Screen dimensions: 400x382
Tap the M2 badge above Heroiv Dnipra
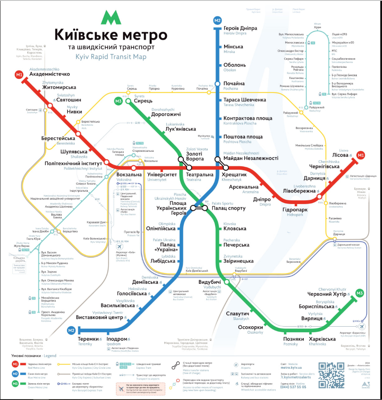[217, 21]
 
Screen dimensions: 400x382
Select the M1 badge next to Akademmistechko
[18, 75]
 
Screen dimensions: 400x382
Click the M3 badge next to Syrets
[118, 101]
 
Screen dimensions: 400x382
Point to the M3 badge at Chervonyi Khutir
[359, 293]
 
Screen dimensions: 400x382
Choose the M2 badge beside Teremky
[71, 330]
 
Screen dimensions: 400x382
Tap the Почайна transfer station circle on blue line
[217, 84]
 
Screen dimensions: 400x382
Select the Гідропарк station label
[295, 209]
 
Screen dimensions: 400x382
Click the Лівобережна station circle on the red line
[319, 197]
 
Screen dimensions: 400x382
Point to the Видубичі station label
[210, 282]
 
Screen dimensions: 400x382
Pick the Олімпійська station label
[161, 228]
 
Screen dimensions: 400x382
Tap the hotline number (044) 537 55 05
[293, 387]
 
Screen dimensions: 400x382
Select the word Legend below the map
[50, 356]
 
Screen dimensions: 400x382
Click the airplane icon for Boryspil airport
[362, 327]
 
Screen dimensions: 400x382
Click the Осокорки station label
[250, 327]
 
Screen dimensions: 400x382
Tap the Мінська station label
[233, 47]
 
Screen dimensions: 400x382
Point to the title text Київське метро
[111, 34]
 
